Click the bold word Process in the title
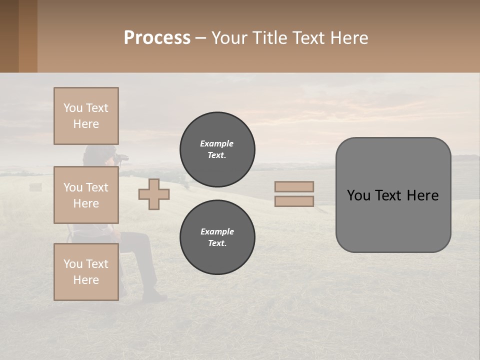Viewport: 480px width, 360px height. pos(157,38)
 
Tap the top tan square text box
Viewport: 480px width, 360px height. pos(86,116)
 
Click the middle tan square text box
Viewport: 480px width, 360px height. pos(86,195)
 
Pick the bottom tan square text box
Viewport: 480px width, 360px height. pos(86,272)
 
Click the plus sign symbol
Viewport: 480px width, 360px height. pos(154,194)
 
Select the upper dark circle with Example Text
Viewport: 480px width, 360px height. pos(217,149)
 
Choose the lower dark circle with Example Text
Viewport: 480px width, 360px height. pos(217,237)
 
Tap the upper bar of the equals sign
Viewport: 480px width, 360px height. pos(294,187)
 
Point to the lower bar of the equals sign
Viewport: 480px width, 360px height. pos(294,201)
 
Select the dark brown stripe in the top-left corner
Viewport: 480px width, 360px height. pos(9,36)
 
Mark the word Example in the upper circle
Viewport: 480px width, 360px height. pos(217,143)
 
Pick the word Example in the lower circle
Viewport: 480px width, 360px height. pos(217,231)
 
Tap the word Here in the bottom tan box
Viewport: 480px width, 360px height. pos(86,280)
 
